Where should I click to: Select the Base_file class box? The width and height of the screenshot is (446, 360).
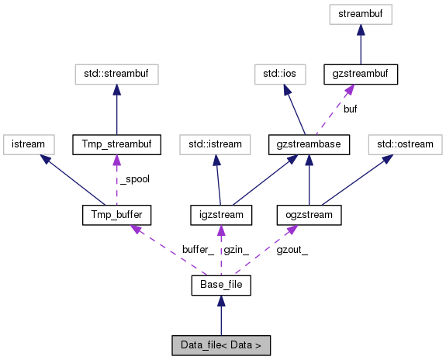pyautogui.click(x=221, y=286)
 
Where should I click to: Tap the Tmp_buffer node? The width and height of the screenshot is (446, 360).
pyautogui.click(x=116, y=213)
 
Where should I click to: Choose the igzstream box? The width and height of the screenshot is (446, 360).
pyautogui.click(x=221, y=213)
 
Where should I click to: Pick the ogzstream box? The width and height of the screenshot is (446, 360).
pyautogui.click(x=309, y=213)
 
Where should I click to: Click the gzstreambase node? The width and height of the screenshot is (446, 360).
pyautogui.click(x=309, y=144)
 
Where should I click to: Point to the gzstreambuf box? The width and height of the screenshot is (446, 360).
pyautogui.click(x=360, y=74)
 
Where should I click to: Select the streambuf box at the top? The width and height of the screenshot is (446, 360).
pyautogui.click(x=360, y=13)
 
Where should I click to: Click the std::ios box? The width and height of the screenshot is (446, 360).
pyautogui.click(x=279, y=74)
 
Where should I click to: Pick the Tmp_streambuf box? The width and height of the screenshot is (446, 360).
pyautogui.click(x=116, y=144)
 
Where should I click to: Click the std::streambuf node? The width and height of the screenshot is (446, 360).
pyautogui.click(x=116, y=74)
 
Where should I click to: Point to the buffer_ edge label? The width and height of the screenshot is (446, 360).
pyautogui.click(x=197, y=250)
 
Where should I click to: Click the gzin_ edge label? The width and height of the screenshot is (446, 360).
pyautogui.click(x=236, y=250)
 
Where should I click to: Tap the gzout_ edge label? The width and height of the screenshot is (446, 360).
pyautogui.click(x=292, y=250)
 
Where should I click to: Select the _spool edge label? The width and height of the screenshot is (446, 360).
pyautogui.click(x=136, y=179)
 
